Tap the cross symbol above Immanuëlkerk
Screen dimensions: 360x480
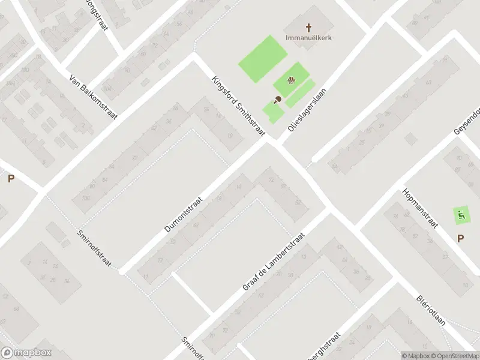(309, 27)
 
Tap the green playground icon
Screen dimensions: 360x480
(461, 214)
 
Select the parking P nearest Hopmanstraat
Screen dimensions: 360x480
(460, 238)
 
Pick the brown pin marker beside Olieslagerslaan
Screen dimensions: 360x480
(277, 100)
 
